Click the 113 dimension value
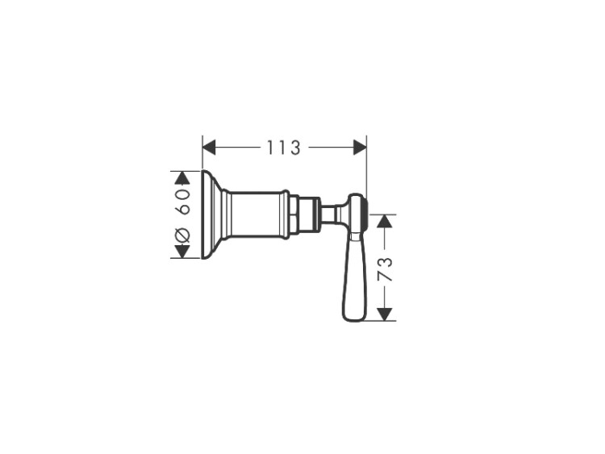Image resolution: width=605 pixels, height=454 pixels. point(284,148)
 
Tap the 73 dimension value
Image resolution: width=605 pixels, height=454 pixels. point(385,269)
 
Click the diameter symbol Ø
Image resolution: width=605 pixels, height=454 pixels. point(182,235)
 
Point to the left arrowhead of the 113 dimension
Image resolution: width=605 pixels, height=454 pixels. point(209,148)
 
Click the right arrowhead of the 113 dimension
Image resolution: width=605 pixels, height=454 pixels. point(360,148)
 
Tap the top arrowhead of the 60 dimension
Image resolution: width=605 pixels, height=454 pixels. point(182,177)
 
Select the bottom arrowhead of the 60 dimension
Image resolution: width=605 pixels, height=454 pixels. point(182,252)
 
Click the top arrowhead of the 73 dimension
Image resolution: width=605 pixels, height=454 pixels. point(385,221)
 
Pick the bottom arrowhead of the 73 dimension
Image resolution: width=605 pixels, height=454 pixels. point(385,314)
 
